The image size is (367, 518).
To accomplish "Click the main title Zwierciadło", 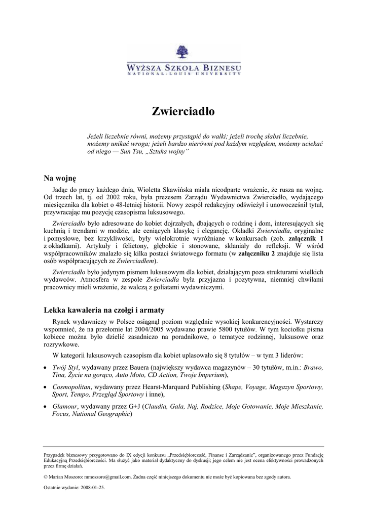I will point(183,112).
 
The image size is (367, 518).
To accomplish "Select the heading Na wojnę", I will point(60,178).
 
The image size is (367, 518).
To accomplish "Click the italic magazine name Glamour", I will point(65,406).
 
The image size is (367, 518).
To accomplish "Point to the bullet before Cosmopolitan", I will point(46,387).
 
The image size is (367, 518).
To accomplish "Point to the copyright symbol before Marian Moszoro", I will point(46,477).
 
